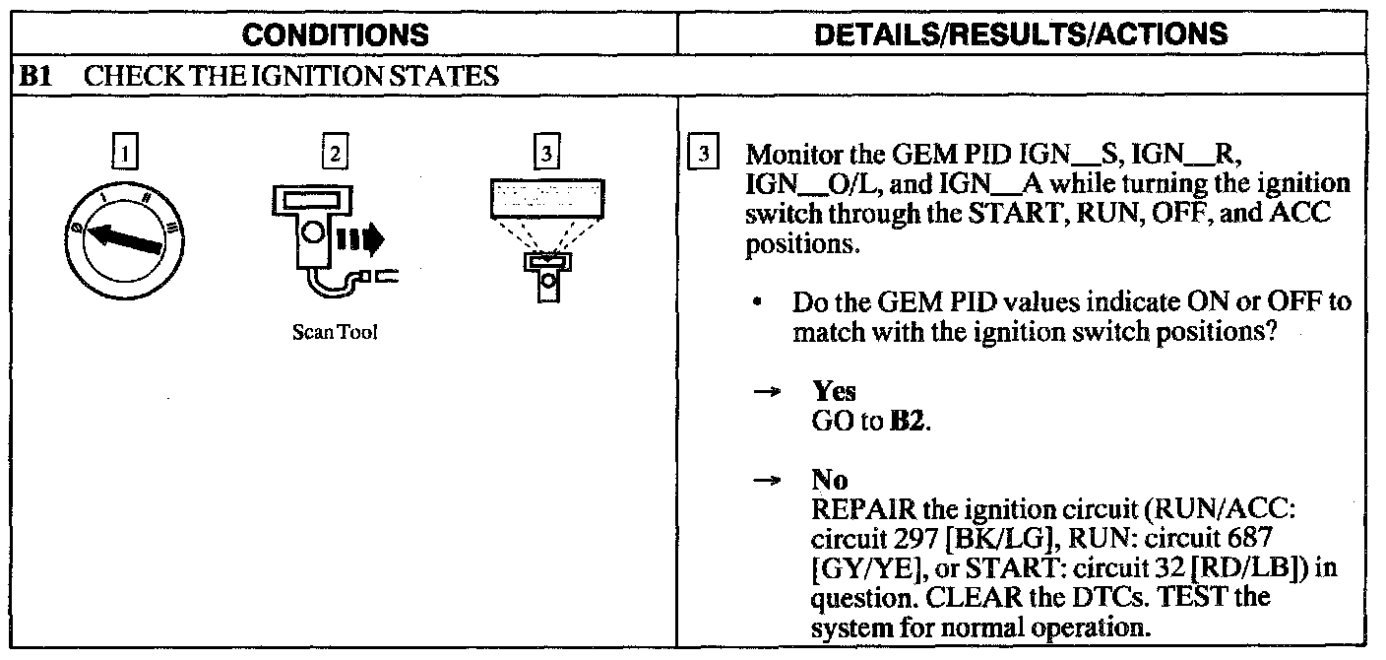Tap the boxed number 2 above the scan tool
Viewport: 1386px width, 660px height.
coord(337,156)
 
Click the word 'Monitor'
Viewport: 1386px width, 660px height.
coord(789,157)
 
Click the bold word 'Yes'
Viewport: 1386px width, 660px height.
coord(834,391)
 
